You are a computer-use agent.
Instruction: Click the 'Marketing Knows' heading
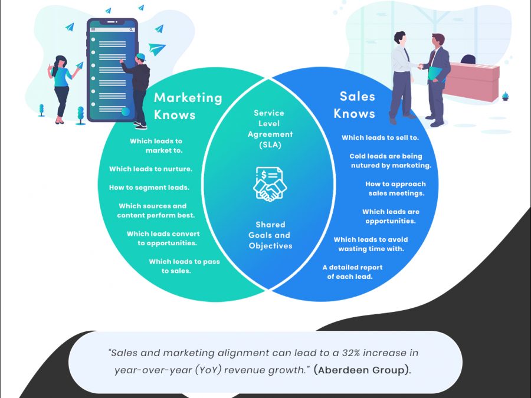point(188,106)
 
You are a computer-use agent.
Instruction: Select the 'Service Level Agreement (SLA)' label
point(270,129)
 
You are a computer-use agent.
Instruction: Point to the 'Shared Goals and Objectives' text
point(270,235)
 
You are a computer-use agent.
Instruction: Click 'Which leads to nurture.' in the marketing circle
point(150,169)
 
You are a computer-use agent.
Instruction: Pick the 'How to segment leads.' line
point(149,188)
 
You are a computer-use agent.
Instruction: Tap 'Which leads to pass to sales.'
point(184,267)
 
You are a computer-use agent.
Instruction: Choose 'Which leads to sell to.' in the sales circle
point(380,138)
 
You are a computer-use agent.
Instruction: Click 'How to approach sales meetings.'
point(395,189)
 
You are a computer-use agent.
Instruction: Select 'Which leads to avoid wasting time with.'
point(371,244)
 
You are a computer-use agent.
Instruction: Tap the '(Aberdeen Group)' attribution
point(360,370)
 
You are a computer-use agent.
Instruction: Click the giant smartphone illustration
point(112,70)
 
